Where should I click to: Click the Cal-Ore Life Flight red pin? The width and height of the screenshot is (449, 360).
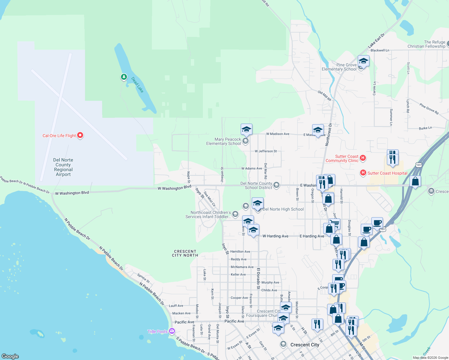pyautogui.click(x=80, y=135)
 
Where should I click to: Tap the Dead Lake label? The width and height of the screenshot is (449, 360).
pyautogui.click(x=137, y=85)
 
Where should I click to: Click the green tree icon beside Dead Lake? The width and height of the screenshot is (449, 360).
pyautogui.click(x=124, y=77)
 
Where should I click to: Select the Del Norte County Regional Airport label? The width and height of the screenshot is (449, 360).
pyautogui.click(x=63, y=167)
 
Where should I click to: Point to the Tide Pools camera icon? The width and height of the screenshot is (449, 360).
pyautogui.click(x=172, y=331)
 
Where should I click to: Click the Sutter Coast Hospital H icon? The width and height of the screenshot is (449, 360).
pyautogui.click(x=363, y=172)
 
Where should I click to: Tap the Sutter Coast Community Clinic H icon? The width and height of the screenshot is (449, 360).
pyautogui.click(x=363, y=158)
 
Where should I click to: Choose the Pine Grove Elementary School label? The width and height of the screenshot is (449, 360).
pyautogui.click(x=339, y=67)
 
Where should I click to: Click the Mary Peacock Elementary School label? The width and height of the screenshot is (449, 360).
pyautogui.click(x=224, y=141)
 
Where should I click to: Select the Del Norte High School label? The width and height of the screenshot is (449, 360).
pyautogui.click(x=283, y=209)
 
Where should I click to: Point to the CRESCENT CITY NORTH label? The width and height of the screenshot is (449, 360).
pyautogui.click(x=185, y=253)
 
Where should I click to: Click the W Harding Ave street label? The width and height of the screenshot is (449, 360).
pyautogui.click(x=275, y=236)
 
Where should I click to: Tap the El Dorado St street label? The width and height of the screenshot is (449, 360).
pyautogui.click(x=258, y=278)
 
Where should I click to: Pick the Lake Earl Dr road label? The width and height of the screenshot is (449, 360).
pyautogui.click(x=376, y=41)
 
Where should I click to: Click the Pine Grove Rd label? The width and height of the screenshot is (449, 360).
pyautogui.click(x=429, y=109)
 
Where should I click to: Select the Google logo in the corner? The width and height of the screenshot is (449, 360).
pyautogui.click(x=10, y=356)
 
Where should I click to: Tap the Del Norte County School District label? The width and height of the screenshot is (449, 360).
pyautogui.click(x=256, y=185)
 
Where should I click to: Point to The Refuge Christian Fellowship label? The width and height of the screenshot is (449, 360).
pyautogui.click(x=426, y=44)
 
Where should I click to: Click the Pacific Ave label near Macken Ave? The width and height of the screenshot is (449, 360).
pyautogui.click(x=184, y=322)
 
